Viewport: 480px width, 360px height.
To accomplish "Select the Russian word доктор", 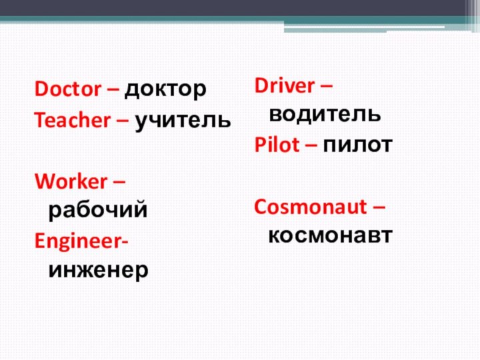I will pos(166,89).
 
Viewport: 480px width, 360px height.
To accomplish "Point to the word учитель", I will pos(183,121).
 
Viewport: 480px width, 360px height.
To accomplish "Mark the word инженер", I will pos(99,269).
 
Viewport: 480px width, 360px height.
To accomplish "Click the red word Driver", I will pos(284,85).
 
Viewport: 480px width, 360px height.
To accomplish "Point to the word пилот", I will pos(357,145).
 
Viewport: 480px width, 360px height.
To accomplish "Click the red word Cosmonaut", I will pos(311,207).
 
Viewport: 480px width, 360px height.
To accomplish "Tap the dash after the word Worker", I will pos(122,182).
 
